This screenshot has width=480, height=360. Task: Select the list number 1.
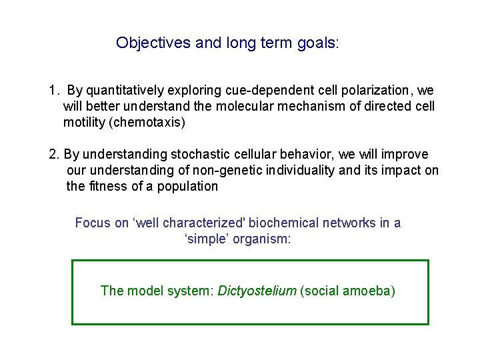coord(52,90)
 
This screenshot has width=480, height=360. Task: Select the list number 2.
coord(53,155)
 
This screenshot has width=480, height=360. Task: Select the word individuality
coord(301,171)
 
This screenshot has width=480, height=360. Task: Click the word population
coord(188,187)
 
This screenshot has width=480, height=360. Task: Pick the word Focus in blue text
coord(93,223)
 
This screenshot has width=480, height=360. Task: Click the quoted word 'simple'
coord(204,239)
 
